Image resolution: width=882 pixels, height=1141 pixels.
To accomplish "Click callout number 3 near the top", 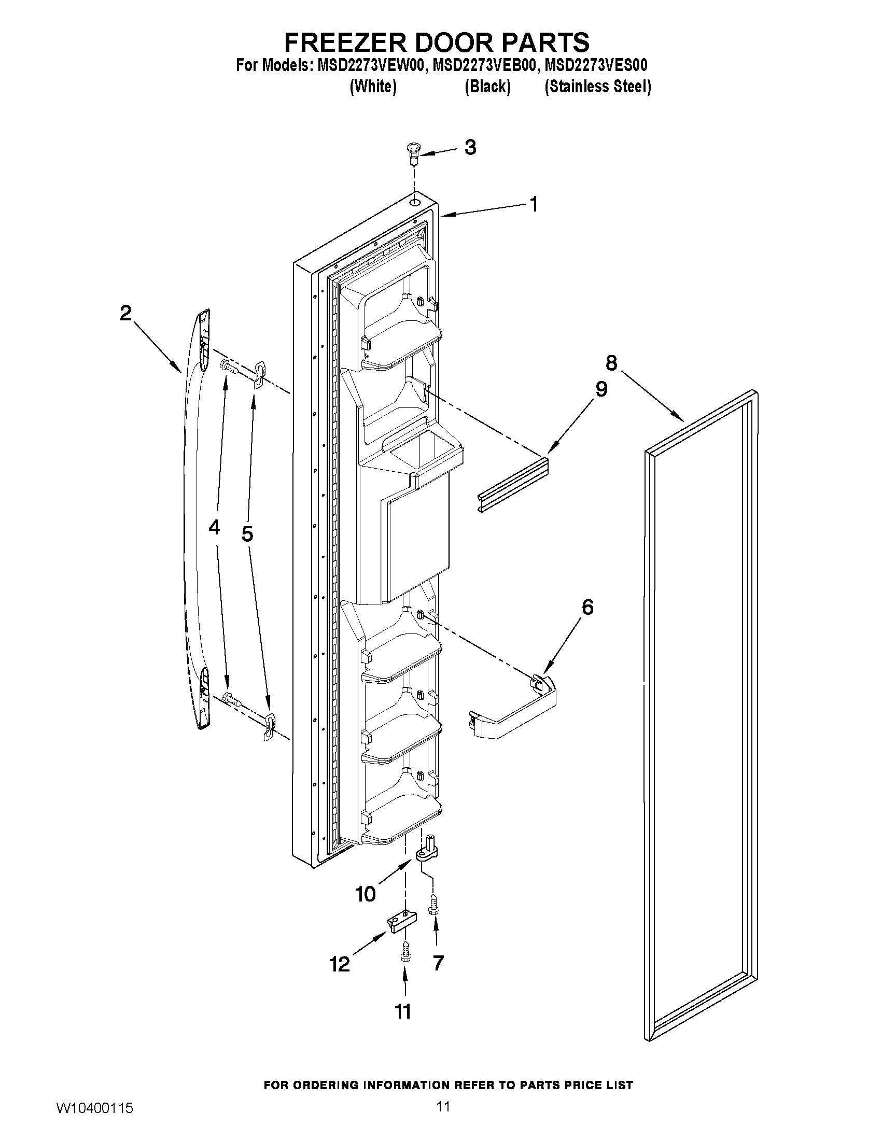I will point(470,148).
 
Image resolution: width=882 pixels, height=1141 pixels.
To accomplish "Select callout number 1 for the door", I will point(534,204).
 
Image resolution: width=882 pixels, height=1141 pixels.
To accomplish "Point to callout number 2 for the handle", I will point(125,314).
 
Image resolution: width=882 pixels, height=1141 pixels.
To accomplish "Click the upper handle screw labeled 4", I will point(228,367).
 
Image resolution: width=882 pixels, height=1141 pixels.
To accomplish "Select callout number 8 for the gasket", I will point(611,362).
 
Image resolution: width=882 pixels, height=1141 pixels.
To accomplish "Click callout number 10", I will point(365,894).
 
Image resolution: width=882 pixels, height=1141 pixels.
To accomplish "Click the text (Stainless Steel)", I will point(598,87).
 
